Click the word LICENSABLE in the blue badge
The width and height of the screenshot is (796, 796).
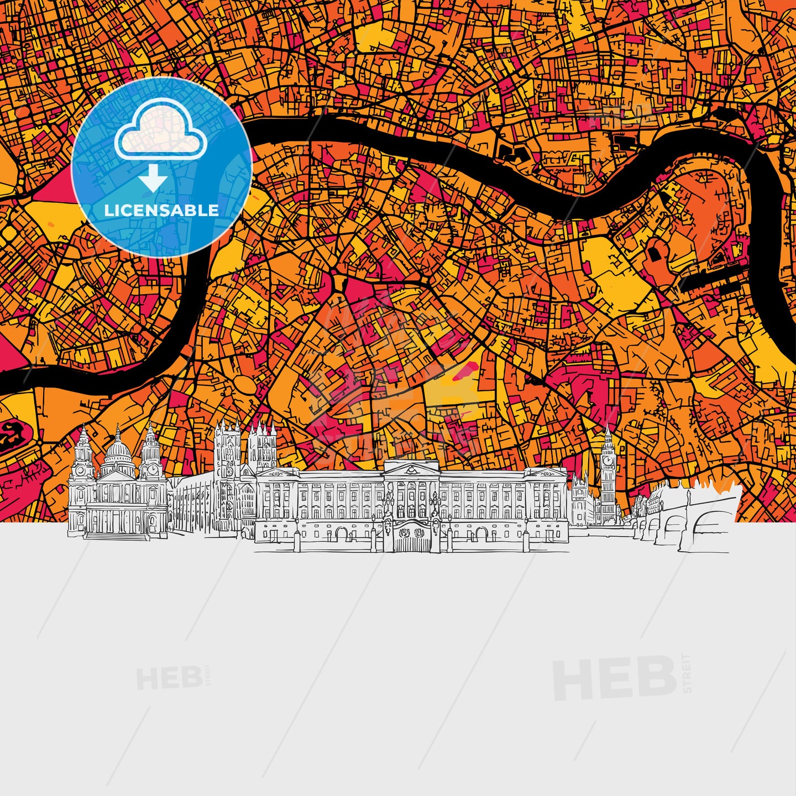(x=161, y=211)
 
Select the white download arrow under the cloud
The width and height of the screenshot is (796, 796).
(x=153, y=180)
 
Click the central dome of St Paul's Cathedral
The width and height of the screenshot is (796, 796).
(x=118, y=451)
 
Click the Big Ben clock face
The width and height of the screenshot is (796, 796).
(x=608, y=460)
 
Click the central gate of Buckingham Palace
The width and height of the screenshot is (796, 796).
(x=412, y=535)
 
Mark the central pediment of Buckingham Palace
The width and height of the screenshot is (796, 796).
(x=412, y=469)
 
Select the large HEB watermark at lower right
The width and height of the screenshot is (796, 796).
(x=615, y=678)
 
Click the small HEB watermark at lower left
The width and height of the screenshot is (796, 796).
(x=169, y=678)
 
